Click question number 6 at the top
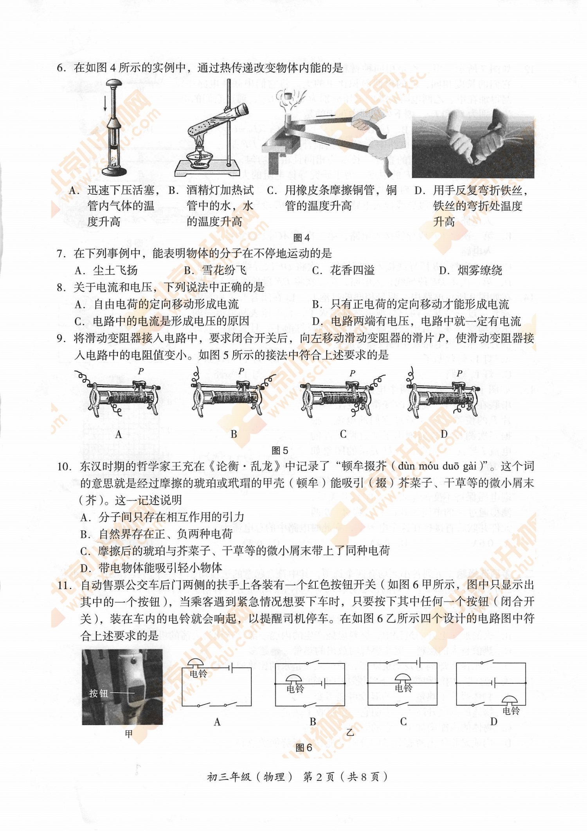click(x=61, y=68)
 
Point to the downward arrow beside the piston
click(x=105, y=104)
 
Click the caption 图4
click(x=301, y=238)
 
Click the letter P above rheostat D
click(x=459, y=373)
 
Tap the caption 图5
click(x=280, y=450)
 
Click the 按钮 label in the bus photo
click(x=99, y=694)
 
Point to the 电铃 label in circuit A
click(x=198, y=674)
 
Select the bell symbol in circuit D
click(x=510, y=700)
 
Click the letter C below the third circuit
click(x=403, y=721)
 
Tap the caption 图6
click(x=304, y=748)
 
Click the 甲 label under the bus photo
click(x=129, y=734)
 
